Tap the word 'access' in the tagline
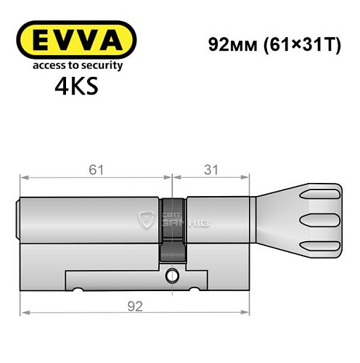pyautogui.click(x=41, y=66)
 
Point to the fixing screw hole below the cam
pyautogui.click(x=172, y=276)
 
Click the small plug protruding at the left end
pyautogui.click(x=17, y=218)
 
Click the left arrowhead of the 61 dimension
pyautogui.click(x=24, y=176)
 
